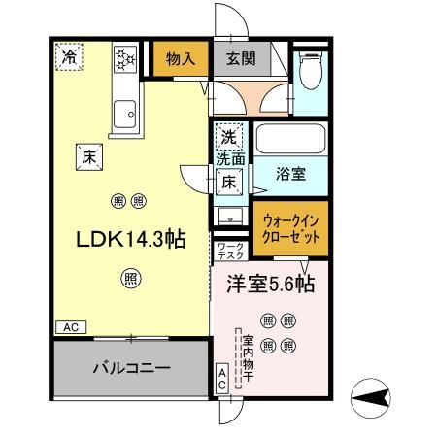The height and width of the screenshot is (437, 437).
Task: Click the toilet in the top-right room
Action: pyautogui.click(x=311, y=71)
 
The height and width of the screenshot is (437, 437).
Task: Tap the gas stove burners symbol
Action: pyautogui.click(x=125, y=59)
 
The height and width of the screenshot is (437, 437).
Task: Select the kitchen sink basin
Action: pyautogui.click(x=124, y=114)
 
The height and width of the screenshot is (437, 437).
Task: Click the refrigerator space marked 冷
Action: pyautogui.click(x=69, y=57)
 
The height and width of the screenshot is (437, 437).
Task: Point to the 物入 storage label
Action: pyautogui.click(x=181, y=59)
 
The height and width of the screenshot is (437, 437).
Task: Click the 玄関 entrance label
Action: pyautogui.click(x=241, y=58)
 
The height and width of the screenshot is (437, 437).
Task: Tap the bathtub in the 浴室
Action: pyautogui.click(x=290, y=139)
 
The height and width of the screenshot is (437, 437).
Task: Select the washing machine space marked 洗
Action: pyautogui.click(x=229, y=137)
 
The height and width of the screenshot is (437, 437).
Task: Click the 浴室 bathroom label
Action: pyautogui.click(x=290, y=174)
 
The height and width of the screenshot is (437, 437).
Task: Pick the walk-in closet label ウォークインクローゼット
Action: pyautogui.click(x=290, y=229)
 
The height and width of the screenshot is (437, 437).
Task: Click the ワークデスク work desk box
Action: pyautogui.click(x=230, y=251)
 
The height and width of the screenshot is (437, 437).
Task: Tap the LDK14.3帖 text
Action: pyautogui.click(x=130, y=239)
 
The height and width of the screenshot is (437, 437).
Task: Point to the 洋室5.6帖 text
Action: pyautogui.click(x=270, y=284)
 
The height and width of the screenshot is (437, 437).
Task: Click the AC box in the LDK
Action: pyautogui.click(x=71, y=327)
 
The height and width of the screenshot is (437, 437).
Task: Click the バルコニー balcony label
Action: pyautogui.click(x=132, y=368)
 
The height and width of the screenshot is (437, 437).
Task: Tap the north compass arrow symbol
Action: pyautogui.click(x=371, y=398)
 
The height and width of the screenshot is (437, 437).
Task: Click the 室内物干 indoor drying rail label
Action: pyautogui.click(x=248, y=358)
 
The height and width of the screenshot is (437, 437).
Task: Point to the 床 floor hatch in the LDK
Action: pyautogui.click(x=89, y=157)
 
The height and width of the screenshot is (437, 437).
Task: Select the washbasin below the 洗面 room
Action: pyautogui.click(x=230, y=216)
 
